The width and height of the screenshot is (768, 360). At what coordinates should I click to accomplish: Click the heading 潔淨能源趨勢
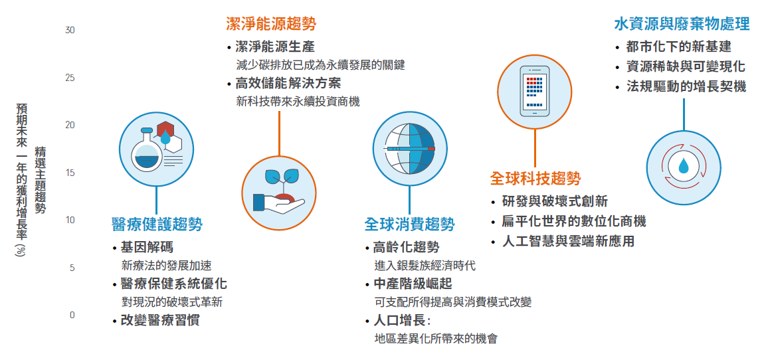coord(271,23)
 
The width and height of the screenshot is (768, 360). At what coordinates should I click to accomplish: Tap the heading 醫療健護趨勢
coord(157,225)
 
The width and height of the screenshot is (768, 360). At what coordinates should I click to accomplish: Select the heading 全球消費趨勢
coord(409,225)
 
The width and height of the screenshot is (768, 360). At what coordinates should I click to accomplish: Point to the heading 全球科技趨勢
coord(535,178)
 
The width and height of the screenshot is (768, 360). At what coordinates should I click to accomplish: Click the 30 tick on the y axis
coord(70,31)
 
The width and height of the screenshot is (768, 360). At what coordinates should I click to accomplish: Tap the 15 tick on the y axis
coord(70,173)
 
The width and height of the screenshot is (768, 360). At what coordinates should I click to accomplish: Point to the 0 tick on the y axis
coord(72,315)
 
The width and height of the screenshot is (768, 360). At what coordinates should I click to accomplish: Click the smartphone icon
coord(534,92)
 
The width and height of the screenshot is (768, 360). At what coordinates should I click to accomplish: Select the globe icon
coord(410,148)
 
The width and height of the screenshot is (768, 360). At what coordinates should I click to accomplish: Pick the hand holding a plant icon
coord(279,193)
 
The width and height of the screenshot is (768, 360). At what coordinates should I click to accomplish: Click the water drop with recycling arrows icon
coord(684,167)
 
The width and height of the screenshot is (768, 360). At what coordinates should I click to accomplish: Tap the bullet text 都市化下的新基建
coord(678,47)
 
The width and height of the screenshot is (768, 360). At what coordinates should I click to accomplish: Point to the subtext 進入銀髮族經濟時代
coord(425,266)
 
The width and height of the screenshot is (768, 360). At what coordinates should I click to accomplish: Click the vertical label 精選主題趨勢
coord(40,180)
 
